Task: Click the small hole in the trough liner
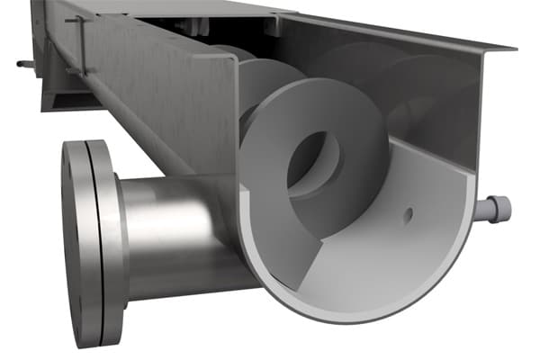click(x=408, y=214)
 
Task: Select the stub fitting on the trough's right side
click(x=494, y=209)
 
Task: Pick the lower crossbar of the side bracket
click(x=81, y=71)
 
